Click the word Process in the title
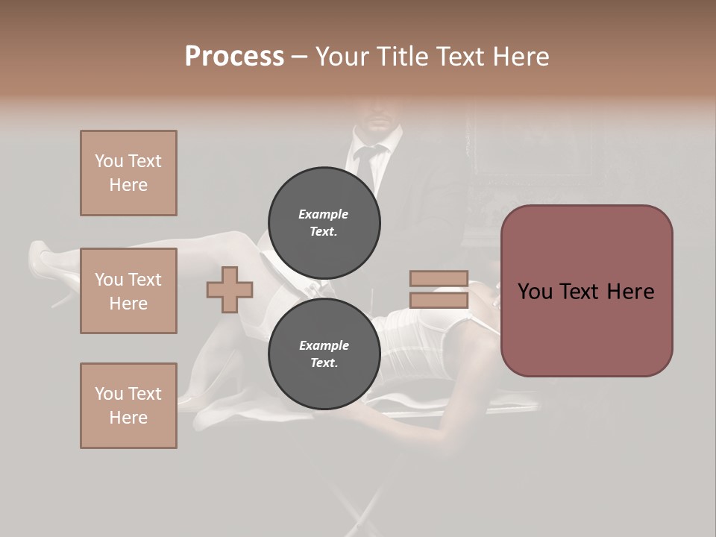[234, 57]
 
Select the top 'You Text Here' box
[128, 173]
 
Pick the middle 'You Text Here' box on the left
[128, 291]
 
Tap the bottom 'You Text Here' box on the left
[128, 406]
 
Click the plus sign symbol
[229, 289]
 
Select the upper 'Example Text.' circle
[324, 222]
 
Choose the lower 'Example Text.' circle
[324, 354]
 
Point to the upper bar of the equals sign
[439, 279]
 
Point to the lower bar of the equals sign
[439, 301]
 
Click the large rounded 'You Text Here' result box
[586, 291]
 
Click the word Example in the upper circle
[324, 214]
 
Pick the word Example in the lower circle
[324, 345]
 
